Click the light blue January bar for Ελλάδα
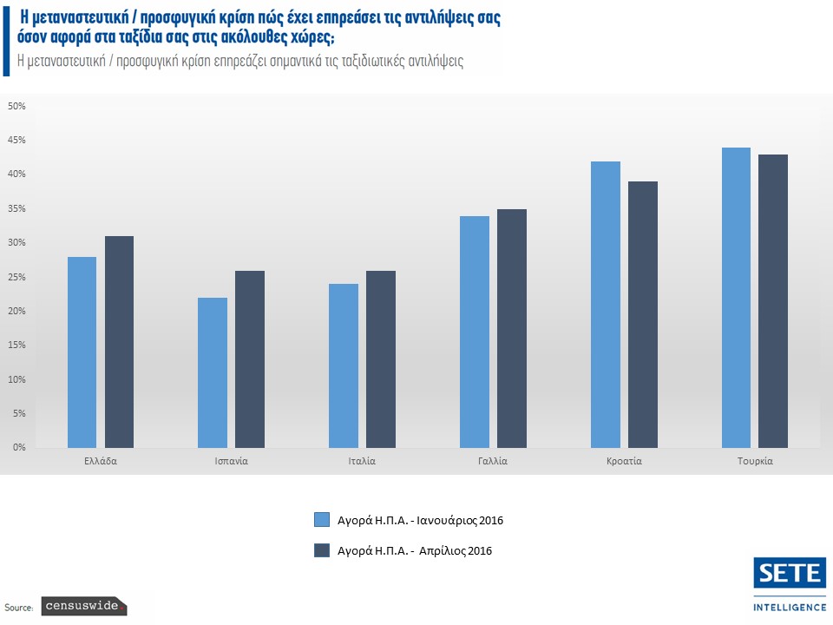[x=82, y=352]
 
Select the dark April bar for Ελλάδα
[x=119, y=341]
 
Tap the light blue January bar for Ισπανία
[x=213, y=372]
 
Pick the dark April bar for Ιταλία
[x=381, y=359]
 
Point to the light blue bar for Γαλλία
[x=475, y=332]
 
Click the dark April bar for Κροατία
[x=643, y=314]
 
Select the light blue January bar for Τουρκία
[x=736, y=297]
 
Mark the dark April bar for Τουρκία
[x=773, y=300]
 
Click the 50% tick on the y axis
[x=17, y=106]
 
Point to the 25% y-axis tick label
[x=17, y=277]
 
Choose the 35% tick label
[x=17, y=208]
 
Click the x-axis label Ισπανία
[x=231, y=461]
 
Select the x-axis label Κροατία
[x=624, y=461]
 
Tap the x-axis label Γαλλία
[x=493, y=461]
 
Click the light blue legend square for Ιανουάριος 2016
[x=322, y=520]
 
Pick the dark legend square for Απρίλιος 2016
[x=322, y=550]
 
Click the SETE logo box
[x=790, y=573]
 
